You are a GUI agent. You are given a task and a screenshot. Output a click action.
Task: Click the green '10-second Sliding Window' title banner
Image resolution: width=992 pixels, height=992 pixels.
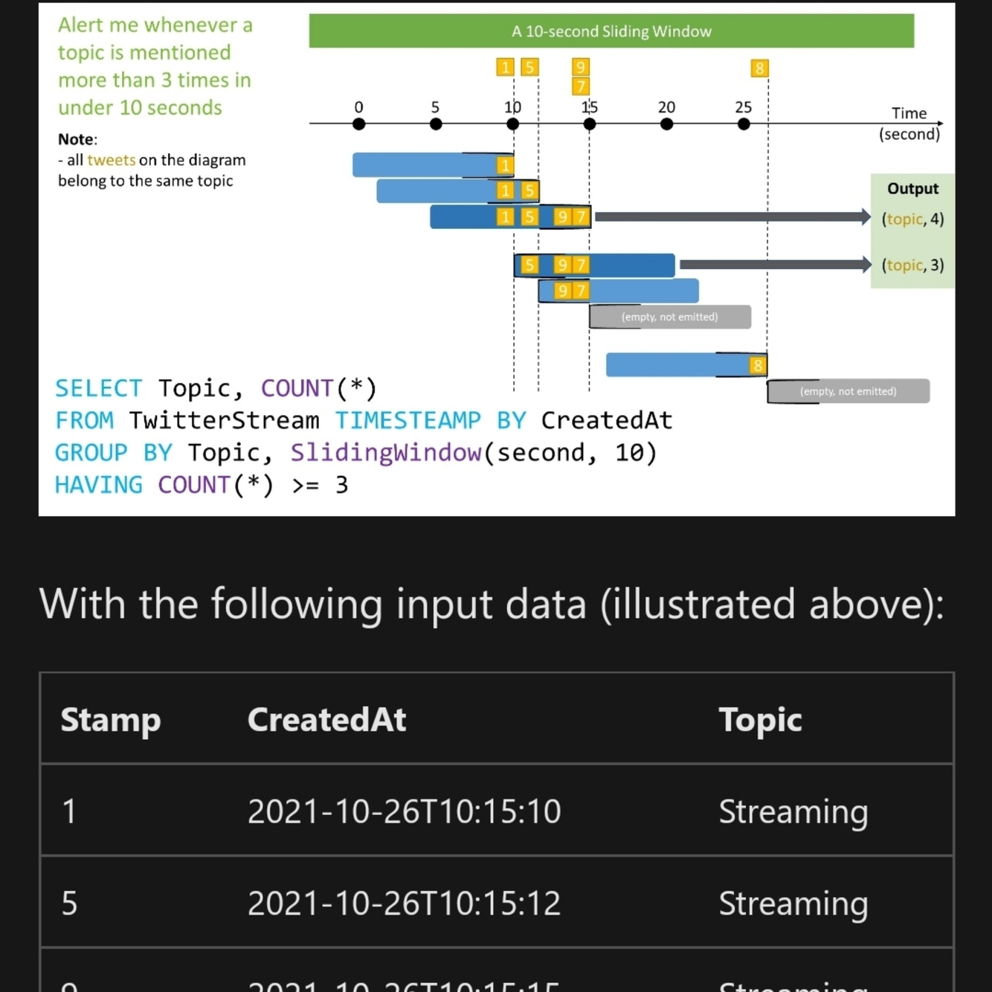pyautogui.click(x=611, y=31)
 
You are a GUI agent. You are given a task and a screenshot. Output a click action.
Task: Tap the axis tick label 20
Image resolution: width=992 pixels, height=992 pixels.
pyautogui.click(x=666, y=107)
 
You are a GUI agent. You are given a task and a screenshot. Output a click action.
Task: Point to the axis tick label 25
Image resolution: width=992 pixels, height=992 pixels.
pyautogui.click(x=743, y=107)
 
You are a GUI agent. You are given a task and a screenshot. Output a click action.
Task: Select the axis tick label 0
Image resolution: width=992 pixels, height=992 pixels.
pyautogui.click(x=358, y=107)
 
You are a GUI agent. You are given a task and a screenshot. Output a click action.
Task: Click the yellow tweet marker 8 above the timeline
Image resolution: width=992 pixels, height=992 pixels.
pyautogui.click(x=759, y=68)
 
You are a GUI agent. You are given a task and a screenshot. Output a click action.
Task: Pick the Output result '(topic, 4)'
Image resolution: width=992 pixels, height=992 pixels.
pyautogui.click(x=912, y=219)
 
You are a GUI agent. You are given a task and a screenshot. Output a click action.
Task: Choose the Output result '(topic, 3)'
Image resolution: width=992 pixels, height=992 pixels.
pyautogui.click(x=912, y=265)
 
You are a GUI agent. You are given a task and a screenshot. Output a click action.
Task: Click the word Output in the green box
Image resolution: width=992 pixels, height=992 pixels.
pyautogui.click(x=912, y=189)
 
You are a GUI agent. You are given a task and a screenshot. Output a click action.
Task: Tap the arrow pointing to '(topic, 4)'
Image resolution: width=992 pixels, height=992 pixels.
pyautogui.click(x=732, y=217)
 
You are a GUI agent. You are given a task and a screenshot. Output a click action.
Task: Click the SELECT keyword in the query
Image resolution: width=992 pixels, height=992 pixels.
pyautogui.click(x=98, y=388)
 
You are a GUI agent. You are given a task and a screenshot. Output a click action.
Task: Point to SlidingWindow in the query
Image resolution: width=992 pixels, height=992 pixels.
pyautogui.click(x=385, y=453)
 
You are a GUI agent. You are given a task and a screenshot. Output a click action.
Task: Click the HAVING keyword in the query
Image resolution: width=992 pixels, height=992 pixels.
pyautogui.click(x=98, y=485)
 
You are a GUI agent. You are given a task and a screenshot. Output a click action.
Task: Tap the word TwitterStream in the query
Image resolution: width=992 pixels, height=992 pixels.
pyautogui.click(x=224, y=421)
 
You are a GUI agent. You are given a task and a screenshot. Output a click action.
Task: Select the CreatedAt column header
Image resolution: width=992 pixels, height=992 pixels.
pyautogui.click(x=326, y=720)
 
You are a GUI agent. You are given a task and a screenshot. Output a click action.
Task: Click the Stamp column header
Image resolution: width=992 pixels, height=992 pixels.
pyautogui.click(x=110, y=720)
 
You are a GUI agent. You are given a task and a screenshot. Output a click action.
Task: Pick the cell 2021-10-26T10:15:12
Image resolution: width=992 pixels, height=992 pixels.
pyautogui.click(x=404, y=904)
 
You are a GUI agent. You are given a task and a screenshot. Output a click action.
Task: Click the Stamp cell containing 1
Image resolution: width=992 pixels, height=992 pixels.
pyautogui.click(x=69, y=811)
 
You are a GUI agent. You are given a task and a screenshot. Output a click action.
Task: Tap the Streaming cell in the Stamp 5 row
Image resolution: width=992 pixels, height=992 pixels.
pyautogui.click(x=793, y=904)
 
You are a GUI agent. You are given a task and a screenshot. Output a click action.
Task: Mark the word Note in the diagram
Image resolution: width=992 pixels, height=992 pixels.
pyautogui.click(x=77, y=139)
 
